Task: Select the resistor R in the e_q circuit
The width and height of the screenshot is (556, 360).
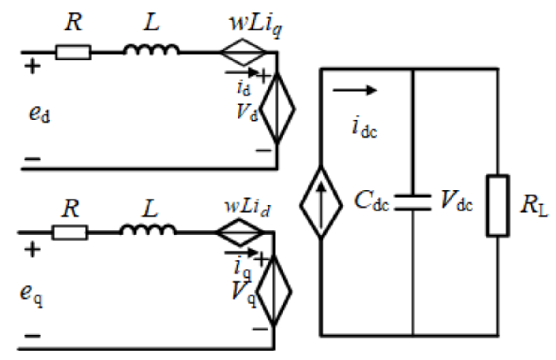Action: click(x=70, y=233)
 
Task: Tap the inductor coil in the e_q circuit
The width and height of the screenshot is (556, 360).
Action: click(x=148, y=230)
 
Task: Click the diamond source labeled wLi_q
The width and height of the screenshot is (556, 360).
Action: click(x=243, y=52)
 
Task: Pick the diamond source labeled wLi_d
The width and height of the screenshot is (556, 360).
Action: click(x=240, y=233)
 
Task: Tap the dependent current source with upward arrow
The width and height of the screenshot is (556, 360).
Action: click(x=321, y=202)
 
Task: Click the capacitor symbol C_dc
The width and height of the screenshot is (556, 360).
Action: click(x=412, y=203)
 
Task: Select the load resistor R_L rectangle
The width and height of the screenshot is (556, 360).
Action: click(x=497, y=205)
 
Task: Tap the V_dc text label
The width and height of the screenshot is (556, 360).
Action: click(x=457, y=204)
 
